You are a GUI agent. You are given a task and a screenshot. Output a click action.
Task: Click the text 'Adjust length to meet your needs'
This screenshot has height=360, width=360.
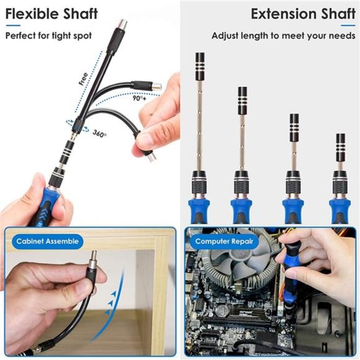tap(282, 35)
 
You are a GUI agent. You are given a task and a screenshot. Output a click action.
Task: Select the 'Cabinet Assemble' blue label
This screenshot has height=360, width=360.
tap(47, 241)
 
